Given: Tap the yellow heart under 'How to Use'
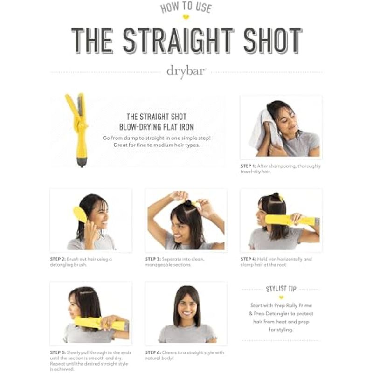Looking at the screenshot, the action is (x=186, y=17).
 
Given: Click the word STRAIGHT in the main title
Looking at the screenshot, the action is (x=179, y=41).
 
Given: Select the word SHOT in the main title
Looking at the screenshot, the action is (x=273, y=41).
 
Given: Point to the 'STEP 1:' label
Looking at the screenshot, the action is (x=248, y=166).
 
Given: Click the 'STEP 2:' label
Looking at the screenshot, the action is (x=58, y=259).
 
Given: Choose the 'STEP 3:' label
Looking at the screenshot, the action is (x=153, y=259).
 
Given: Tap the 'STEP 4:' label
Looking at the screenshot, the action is (x=248, y=259).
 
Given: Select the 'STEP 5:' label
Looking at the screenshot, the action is (x=58, y=352).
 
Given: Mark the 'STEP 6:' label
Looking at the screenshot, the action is (x=153, y=352).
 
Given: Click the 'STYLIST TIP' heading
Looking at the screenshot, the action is (x=281, y=289).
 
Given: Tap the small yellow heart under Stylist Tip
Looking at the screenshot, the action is (x=281, y=297).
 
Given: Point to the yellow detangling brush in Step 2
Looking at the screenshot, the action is (x=80, y=214).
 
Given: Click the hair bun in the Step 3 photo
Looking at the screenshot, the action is (x=188, y=203).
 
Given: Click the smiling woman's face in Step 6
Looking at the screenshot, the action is (x=187, y=307).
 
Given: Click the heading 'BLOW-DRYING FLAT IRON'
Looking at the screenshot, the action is (x=157, y=127).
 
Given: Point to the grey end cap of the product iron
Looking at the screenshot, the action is (x=82, y=162).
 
